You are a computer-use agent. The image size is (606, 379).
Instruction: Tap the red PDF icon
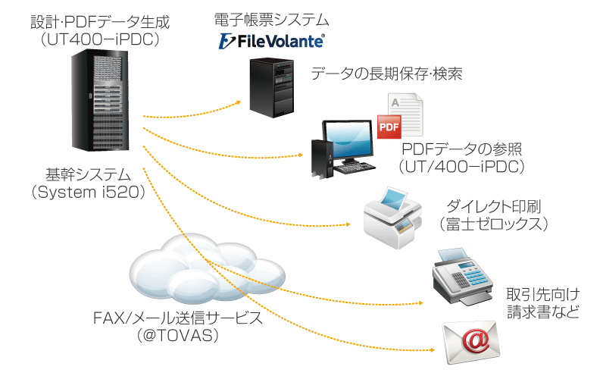(x=389, y=127)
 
